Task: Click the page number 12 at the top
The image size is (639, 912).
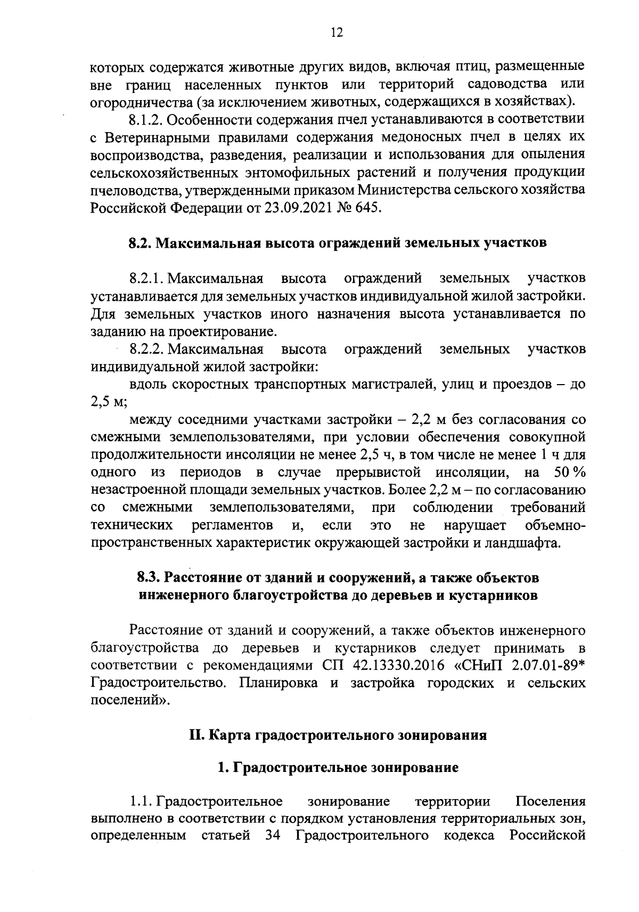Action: click(336, 33)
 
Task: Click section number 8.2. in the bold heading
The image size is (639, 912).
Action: click(141, 243)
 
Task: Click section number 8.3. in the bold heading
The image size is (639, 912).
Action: click(149, 577)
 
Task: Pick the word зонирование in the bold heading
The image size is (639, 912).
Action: click(415, 768)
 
